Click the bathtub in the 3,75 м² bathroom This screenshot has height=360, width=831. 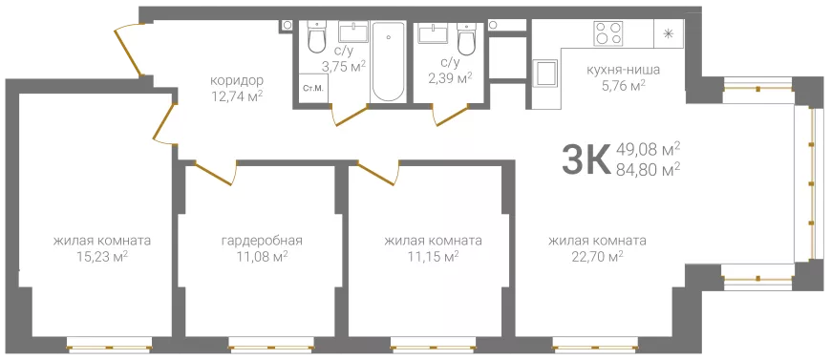coord(389,61)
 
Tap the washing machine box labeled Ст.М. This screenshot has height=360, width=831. coord(313,89)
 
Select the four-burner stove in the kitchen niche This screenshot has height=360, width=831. coord(607,32)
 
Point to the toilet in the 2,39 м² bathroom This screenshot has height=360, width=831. coord(465,39)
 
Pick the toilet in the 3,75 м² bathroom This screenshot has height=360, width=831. coord(317,37)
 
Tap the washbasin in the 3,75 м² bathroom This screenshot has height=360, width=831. coord(353,32)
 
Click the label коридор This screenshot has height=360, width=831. coord(237,81)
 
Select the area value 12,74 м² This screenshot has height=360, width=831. coord(237,95)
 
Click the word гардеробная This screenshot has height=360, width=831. coord(262,242)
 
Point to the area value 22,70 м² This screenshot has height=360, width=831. coord(597,257)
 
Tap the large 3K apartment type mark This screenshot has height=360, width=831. coord(586,159)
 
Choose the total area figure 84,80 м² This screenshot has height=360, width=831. coord(649,170)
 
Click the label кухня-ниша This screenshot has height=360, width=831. coord(623,70)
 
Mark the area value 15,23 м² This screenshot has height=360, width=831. coord(102,257)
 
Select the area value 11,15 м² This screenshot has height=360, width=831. coord(433,257)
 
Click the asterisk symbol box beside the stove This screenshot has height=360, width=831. coord(669,33)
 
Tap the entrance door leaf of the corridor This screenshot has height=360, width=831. coord(129,50)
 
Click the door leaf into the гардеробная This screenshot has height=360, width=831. coord(214,174)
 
